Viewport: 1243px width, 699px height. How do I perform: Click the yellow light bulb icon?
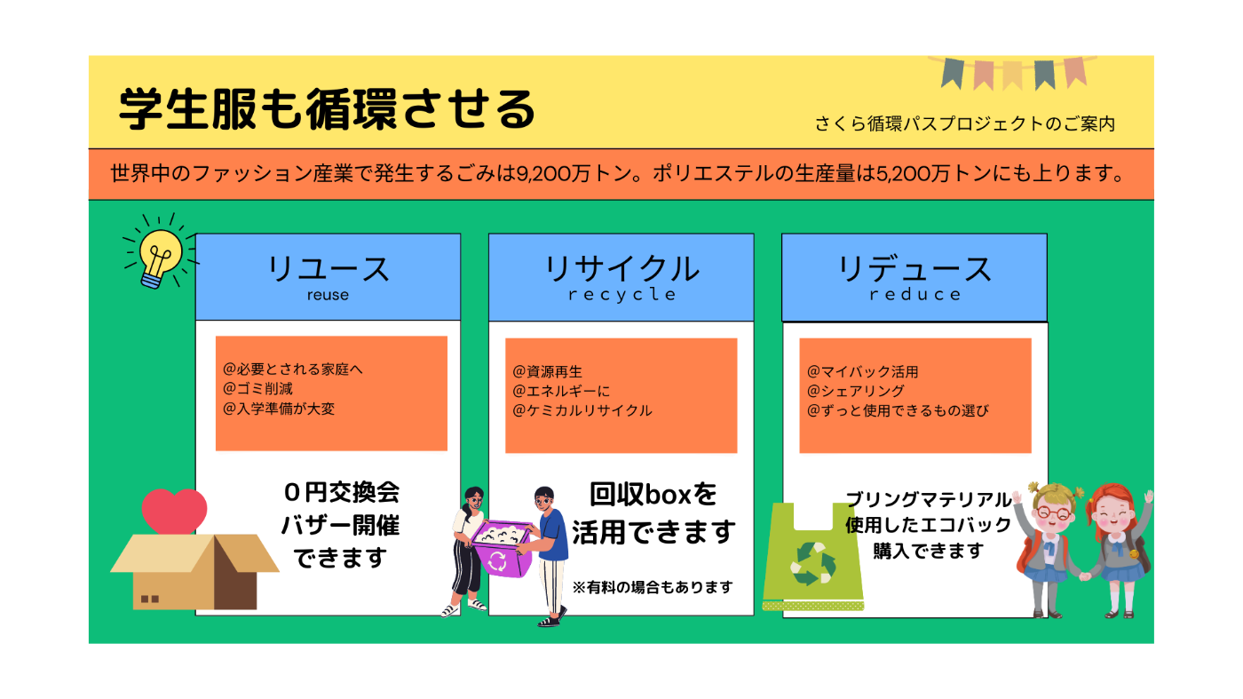[161, 257]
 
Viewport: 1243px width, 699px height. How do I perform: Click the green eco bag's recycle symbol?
[813, 564]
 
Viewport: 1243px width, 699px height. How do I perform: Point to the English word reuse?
[328, 295]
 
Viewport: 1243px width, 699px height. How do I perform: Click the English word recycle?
[621, 295]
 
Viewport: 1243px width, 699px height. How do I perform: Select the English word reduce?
[914, 294]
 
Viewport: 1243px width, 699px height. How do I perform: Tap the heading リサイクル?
[621, 269]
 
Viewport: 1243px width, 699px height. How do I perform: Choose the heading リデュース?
[914, 269]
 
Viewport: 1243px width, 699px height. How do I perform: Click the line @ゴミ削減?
[257, 389]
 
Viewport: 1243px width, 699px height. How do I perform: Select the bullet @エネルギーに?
[561, 391]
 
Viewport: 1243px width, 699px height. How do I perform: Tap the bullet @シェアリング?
[856, 391]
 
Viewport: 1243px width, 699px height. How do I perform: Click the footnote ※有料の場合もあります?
[653, 587]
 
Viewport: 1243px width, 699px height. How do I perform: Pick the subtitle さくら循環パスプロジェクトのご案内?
[964, 123]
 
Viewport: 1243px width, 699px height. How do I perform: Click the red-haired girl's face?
[1116, 516]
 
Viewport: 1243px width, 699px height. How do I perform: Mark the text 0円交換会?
[341, 492]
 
